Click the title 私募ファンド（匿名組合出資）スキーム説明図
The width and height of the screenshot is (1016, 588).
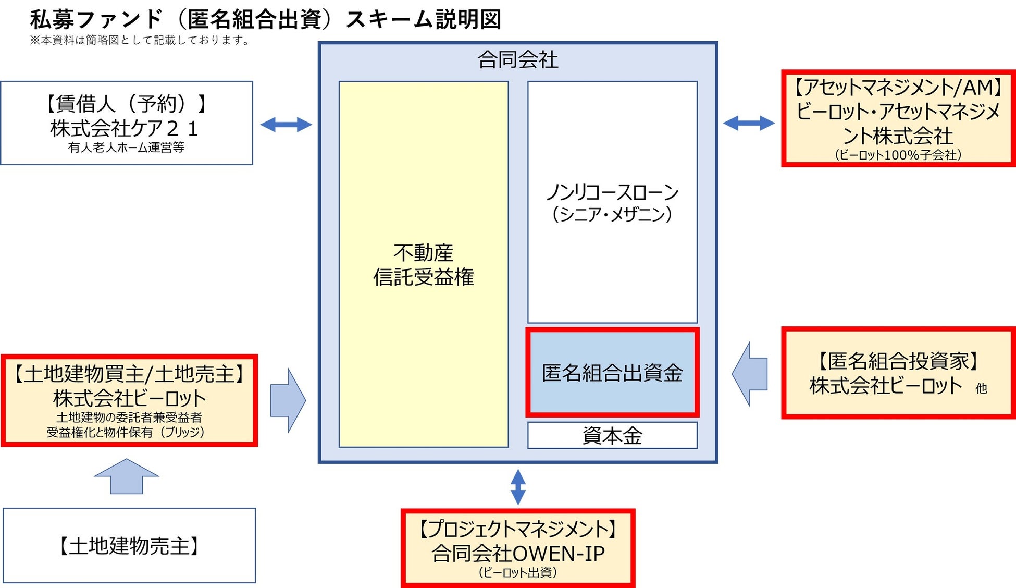(266, 20)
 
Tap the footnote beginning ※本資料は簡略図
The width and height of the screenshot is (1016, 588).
(140, 40)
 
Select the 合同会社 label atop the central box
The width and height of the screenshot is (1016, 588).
(517, 60)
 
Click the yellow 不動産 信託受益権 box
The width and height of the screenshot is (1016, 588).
(424, 265)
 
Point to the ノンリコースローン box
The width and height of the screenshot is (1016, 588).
(612, 202)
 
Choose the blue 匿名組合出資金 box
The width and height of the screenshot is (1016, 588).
(612, 373)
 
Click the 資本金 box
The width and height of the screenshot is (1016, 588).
(612, 435)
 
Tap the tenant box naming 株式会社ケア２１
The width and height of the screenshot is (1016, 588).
(127, 123)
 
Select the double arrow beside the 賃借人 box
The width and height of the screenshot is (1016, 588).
(286, 125)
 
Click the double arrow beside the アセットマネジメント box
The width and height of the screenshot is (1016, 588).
(749, 124)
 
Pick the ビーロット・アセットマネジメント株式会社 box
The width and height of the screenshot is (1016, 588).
(898, 118)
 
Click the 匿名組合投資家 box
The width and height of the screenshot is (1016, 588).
(898, 373)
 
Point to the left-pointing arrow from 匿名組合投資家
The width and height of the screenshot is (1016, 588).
(750, 374)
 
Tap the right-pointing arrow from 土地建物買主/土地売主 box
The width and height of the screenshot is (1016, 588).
(288, 400)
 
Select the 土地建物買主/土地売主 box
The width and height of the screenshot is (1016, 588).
(129, 400)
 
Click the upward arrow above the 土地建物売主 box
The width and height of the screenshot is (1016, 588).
(127, 476)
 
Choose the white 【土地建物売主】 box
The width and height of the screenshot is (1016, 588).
(129, 546)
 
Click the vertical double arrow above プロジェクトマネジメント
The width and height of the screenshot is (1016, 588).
(518, 487)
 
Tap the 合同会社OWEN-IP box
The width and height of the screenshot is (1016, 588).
(518, 548)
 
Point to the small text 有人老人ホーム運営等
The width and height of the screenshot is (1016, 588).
(126, 148)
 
